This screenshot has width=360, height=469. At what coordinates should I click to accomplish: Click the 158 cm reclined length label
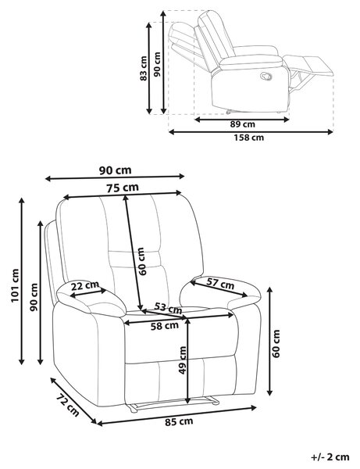(248, 138)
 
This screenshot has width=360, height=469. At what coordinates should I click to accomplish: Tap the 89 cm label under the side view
(242, 124)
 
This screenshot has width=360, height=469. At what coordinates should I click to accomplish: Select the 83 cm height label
(144, 68)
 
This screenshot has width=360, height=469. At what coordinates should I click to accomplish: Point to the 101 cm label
(15, 285)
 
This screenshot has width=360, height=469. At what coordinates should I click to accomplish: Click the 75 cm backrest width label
(123, 188)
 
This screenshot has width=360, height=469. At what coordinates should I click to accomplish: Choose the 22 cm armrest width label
(85, 286)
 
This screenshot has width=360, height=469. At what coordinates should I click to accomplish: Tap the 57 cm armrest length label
(220, 284)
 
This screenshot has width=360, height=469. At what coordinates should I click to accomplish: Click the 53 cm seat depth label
(168, 307)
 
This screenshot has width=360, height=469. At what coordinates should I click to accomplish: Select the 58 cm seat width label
(165, 326)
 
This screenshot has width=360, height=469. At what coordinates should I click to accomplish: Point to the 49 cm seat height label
(182, 360)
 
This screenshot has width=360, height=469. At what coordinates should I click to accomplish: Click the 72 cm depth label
(68, 406)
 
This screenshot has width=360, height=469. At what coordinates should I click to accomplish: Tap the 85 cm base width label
(179, 422)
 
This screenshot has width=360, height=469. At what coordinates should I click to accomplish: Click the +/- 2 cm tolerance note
(330, 457)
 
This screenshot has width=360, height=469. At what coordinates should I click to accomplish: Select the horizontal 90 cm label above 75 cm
(115, 170)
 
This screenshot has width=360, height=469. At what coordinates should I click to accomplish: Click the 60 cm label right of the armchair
(276, 344)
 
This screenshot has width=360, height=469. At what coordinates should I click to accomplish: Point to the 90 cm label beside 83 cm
(157, 64)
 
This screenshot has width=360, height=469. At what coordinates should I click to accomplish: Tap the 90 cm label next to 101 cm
(34, 297)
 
